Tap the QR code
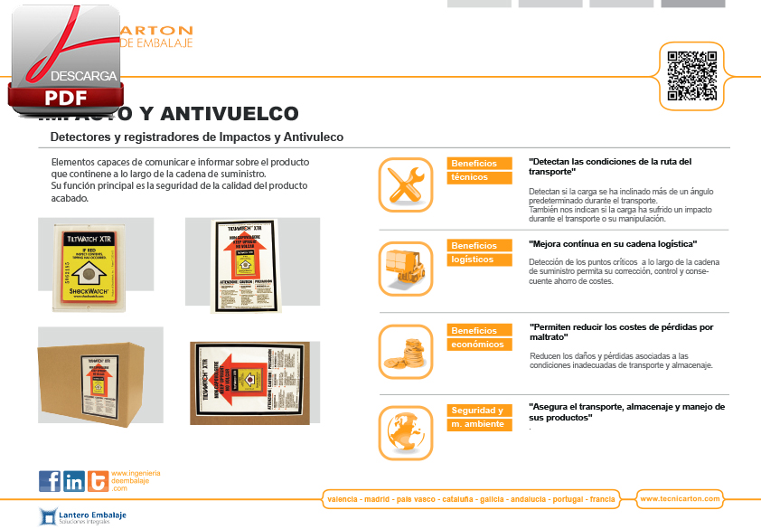692,75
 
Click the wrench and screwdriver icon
406,184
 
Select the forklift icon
406,269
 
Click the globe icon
406,429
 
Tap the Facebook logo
50,481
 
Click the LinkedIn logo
74,481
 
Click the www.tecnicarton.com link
680,498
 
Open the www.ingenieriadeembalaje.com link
136,480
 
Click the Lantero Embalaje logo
83,516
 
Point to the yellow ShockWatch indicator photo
96,263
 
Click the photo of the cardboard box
100,374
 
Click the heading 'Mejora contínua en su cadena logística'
613,244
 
